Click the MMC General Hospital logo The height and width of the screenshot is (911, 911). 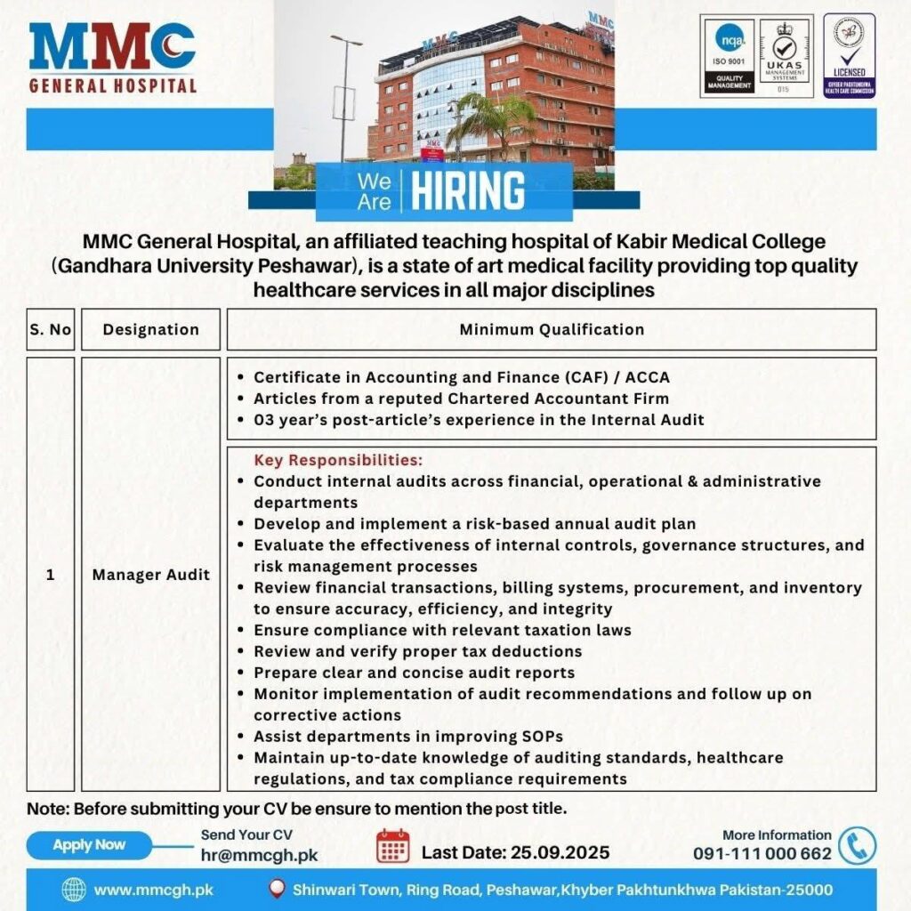[x=112, y=57]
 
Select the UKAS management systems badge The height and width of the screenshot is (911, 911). [x=785, y=55]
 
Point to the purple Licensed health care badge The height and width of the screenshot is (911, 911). [x=848, y=55]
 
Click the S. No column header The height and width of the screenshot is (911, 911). [x=50, y=329]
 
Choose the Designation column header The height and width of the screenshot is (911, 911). [x=150, y=329]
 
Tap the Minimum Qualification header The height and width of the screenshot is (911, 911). [x=552, y=329]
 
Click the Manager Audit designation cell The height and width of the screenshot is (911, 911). [x=150, y=575]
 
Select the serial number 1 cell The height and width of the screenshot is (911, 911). [x=50, y=575]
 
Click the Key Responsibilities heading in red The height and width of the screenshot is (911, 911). [x=338, y=461]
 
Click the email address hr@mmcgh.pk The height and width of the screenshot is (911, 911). [x=259, y=855]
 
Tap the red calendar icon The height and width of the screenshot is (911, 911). [x=392, y=846]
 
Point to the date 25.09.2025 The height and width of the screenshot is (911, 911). [x=560, y=852]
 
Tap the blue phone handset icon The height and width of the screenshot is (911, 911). [x=857, y=846]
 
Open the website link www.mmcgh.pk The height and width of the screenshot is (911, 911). [x=153, y=890]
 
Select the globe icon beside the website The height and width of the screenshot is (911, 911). [x=74, y=890]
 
